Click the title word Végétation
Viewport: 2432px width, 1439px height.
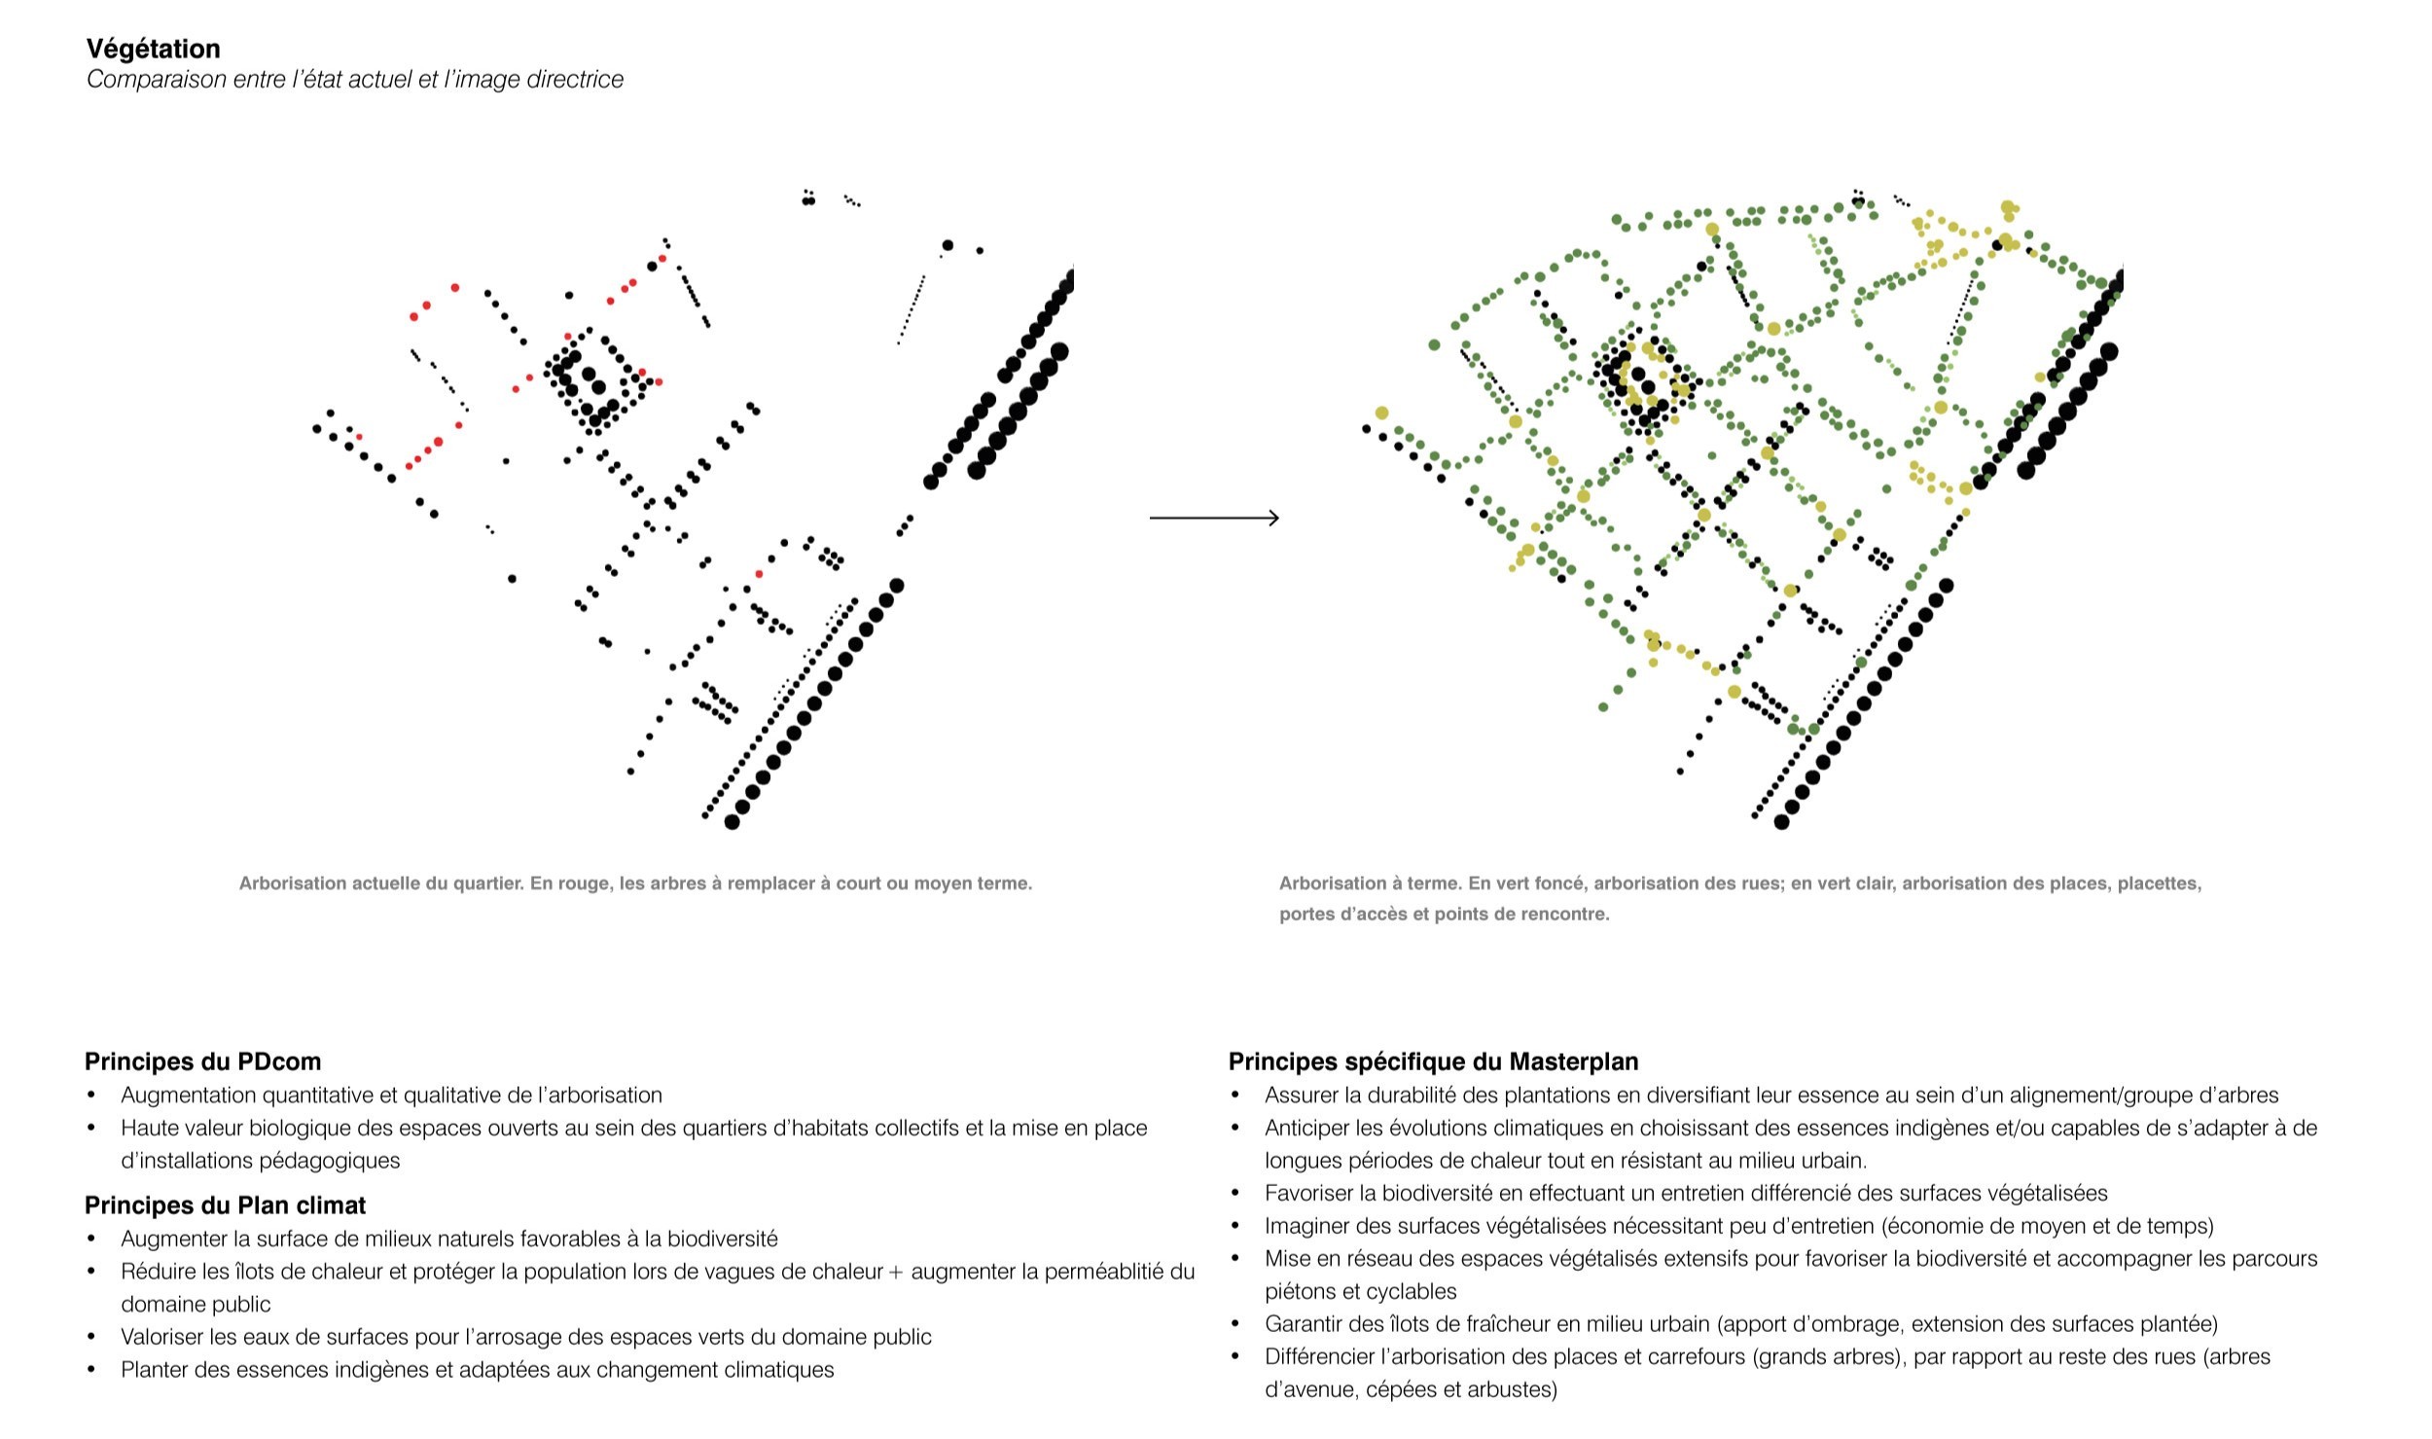(x=153, y=49)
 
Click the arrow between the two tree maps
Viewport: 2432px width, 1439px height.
(x=1214, y=518)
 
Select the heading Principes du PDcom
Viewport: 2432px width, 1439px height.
(x=202, y=1061)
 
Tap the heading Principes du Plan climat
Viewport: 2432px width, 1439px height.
(x=225, y=1205)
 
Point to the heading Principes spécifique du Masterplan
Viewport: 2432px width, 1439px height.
(x=1433, y=1061)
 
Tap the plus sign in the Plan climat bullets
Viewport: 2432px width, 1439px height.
(x=896, y=1272)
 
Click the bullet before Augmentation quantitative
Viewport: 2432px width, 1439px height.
(x=92, y=1095)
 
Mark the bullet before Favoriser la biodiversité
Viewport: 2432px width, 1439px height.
(x=1235, y=1193)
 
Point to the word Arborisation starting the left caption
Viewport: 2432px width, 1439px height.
(x=291, y=883)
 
